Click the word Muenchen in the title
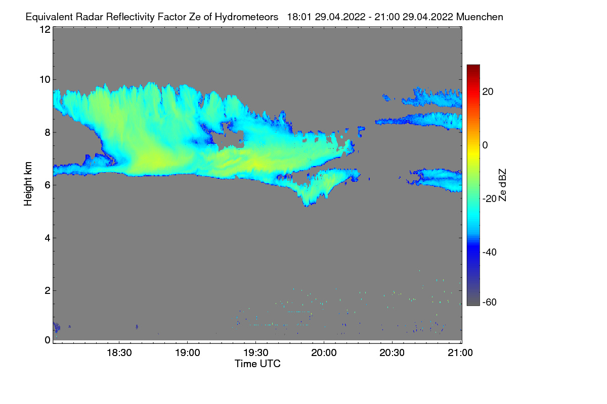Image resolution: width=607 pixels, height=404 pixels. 480,17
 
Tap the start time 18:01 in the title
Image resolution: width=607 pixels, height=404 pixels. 298,17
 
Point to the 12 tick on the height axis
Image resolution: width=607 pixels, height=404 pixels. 45,29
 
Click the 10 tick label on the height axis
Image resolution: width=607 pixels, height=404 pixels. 45,79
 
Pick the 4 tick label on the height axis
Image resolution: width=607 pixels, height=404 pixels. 47,238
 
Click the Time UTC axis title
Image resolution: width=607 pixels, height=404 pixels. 257,364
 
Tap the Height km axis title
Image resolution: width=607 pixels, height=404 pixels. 28,184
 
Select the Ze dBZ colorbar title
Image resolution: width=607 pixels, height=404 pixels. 503,184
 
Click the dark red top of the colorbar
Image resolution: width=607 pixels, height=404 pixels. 473,67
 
